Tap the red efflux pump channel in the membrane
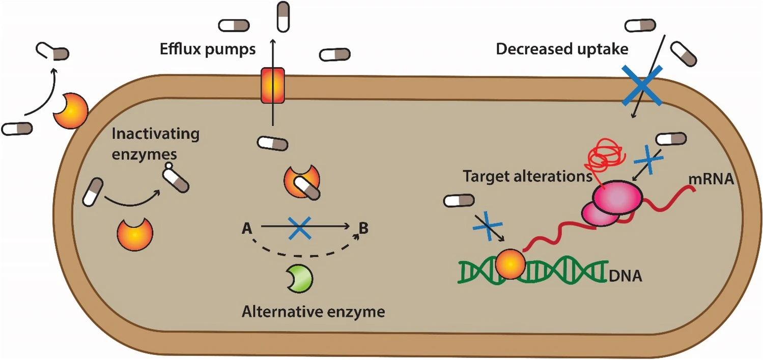(272, 85)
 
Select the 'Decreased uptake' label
(562, 49)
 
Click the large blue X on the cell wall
(642, 85)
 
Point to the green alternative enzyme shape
(300, 279)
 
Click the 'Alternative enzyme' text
(314, 312)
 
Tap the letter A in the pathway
(247, 229)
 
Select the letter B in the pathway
(364, 228)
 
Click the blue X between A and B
(299, 228)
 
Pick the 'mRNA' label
(711, 179)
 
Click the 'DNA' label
(626, 276)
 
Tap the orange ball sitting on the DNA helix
(510, 264)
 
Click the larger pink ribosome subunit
(617, 198)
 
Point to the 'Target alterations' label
(527, 177)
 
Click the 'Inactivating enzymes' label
(156, 144)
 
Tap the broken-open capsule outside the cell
(52, 52)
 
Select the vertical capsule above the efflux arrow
(283, 17)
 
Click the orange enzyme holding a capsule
(302, 181)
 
